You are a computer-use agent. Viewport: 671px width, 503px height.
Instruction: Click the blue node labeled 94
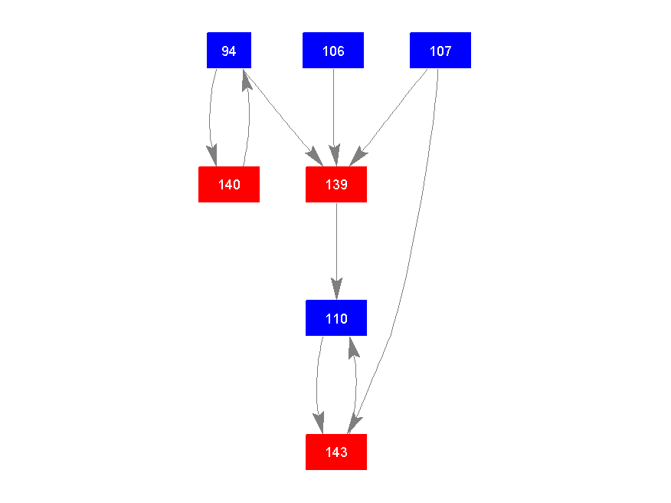(229, 51)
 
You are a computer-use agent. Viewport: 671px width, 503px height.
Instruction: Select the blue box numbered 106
(333, 51)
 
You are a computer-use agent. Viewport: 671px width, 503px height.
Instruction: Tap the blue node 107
(440, 51)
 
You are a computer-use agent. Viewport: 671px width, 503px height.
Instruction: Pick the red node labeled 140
(229, 184)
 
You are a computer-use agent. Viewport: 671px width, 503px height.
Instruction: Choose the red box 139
(336, 184)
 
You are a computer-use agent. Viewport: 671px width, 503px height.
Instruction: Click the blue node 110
(336, 318)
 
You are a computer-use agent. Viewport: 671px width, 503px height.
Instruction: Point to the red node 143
(336, 452)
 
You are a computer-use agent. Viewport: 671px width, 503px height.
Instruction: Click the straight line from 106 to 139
(333, 107)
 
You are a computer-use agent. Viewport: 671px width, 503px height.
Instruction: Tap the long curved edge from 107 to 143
(414, 253)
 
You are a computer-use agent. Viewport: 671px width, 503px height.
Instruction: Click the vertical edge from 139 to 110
(336, 245)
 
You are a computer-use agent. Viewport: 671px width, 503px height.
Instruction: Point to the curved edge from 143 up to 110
(356, 383)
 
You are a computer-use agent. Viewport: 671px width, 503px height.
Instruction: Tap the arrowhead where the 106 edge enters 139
(334, 156)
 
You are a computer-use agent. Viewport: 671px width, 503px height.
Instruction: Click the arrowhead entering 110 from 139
(336, 290)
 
